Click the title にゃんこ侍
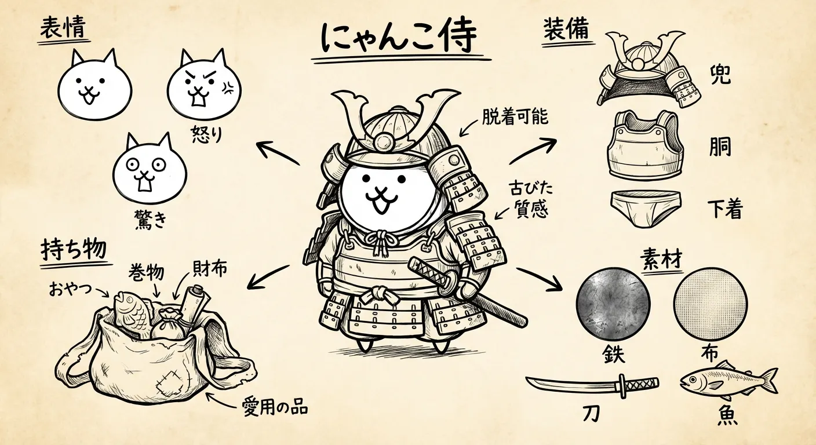tap(399, 38)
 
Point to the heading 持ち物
tap(74, 250)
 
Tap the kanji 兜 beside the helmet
tap(720, 74)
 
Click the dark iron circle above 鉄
tap(614, 304)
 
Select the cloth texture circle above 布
tap(711, 304)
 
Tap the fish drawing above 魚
tap(727, 381)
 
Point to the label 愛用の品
tap(274, 408)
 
